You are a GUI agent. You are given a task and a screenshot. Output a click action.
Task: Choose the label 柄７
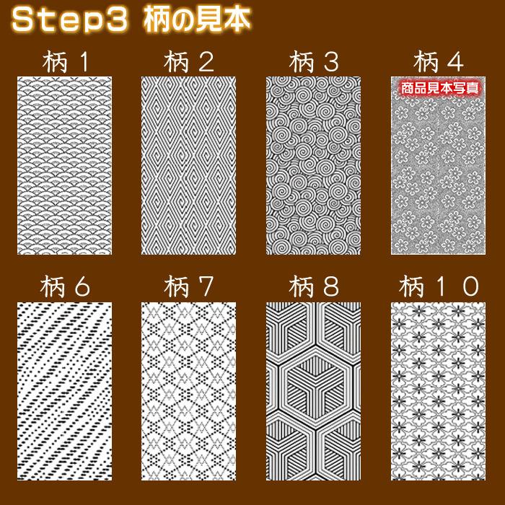(x=188, y=287)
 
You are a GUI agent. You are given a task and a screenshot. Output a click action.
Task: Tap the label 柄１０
(x=439, y=287)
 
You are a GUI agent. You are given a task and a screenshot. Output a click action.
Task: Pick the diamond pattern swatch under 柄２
(x=188, y=165)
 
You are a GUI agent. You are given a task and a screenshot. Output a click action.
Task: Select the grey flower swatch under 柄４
(x=439, y=173)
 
